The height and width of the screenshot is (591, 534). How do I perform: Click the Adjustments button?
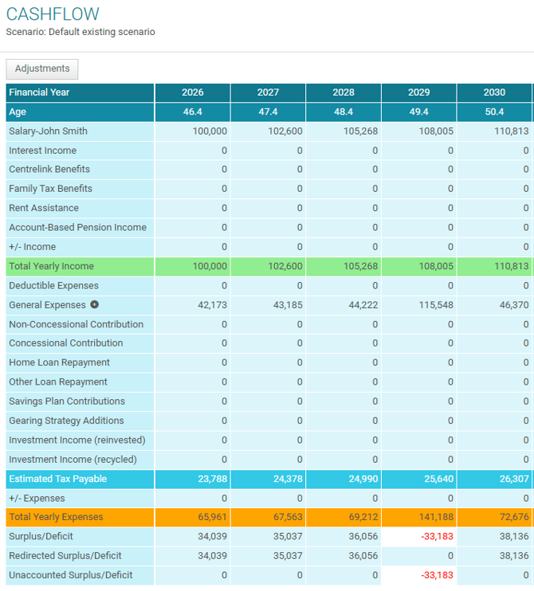[42, 68]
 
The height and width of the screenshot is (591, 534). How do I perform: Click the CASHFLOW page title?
[53, 14]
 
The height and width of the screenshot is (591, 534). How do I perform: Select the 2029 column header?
[419, 92]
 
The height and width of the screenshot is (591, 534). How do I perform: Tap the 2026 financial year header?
[193, 92]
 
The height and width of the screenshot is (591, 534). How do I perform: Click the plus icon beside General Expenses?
[95, 304]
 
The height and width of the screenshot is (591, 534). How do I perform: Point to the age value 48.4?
[344, 112]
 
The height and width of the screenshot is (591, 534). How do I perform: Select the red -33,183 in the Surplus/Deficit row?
[436, 537]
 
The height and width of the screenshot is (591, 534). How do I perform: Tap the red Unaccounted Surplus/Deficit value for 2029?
[436, 575]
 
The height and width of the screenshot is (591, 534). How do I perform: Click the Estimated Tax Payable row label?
[57, 479]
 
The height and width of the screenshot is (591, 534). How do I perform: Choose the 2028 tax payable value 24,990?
[361, 479]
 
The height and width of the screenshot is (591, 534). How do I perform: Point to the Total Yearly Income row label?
[51, 266]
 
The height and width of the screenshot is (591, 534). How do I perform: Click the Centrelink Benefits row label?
[49, 170]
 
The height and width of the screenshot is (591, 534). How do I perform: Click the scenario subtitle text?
[80, 33]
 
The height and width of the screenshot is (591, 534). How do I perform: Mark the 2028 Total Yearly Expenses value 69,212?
[361, 518]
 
